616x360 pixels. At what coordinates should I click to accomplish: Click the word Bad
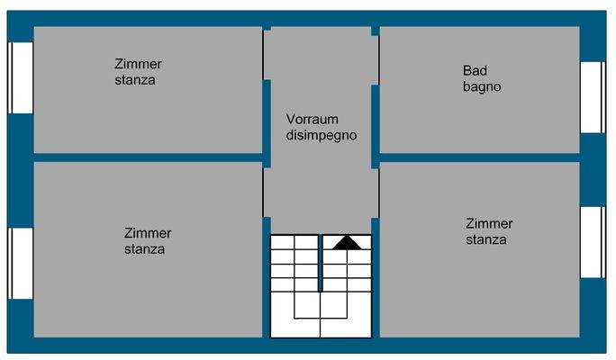475,70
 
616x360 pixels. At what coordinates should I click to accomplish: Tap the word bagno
482,87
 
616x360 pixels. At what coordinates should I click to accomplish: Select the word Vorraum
312,119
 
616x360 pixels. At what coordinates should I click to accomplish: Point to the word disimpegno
322,136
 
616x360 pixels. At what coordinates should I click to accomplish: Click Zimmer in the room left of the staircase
148,233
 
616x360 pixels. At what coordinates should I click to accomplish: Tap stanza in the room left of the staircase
144,249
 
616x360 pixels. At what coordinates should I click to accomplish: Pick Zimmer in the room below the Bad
489,223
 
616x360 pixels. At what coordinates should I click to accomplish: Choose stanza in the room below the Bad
486,239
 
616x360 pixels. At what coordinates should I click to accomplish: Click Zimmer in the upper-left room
138,64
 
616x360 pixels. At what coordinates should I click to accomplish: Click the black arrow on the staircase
347,241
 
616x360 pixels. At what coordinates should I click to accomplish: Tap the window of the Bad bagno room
592,96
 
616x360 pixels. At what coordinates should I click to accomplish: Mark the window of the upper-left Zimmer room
21,77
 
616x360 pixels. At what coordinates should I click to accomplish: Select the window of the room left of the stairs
21,263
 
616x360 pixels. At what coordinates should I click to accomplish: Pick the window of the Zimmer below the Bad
592,241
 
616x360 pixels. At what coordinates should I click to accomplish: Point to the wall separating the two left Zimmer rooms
149,157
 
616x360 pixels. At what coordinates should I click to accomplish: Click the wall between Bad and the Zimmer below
478,157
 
